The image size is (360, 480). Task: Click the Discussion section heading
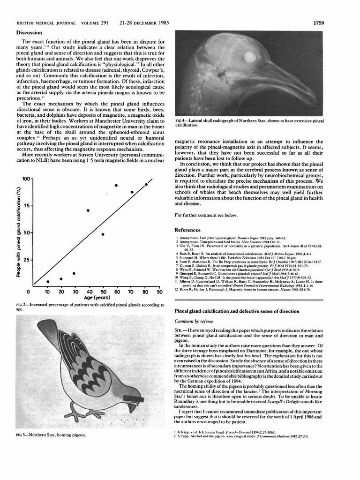point(30,32)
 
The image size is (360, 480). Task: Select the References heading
point(187,230)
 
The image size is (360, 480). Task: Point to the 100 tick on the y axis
point(26,179)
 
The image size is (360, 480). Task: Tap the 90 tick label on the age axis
point(159,292)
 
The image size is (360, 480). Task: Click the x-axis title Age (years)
point(97,298)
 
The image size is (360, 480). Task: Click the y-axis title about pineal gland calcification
point(18,232)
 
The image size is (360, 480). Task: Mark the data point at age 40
point(88,210)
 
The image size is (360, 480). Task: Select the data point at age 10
point(48,282)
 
